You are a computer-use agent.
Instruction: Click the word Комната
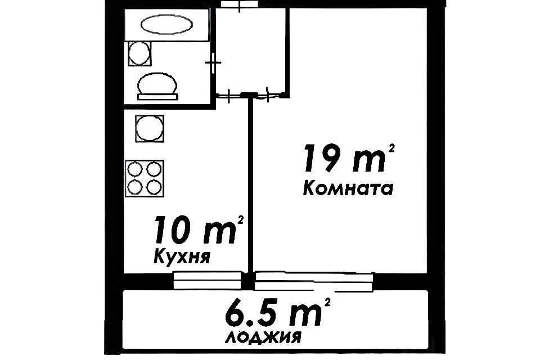click(347, 188)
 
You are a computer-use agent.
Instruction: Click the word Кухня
click(182, 258)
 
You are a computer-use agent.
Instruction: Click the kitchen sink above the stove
click(150, 129)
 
